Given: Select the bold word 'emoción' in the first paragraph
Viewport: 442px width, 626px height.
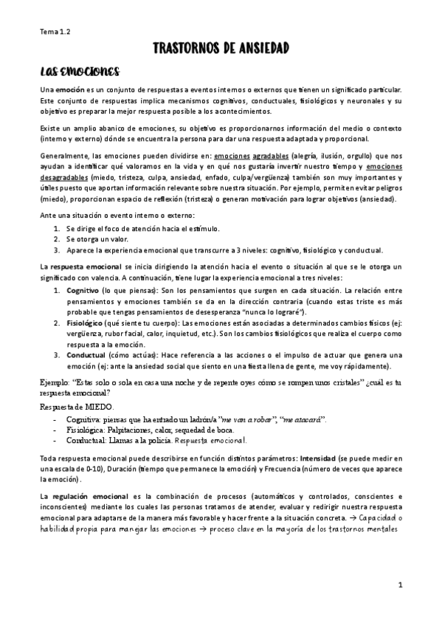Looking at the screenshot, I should tap(69, 89).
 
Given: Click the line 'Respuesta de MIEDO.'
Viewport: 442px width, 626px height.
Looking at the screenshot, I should tap(74, 406).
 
